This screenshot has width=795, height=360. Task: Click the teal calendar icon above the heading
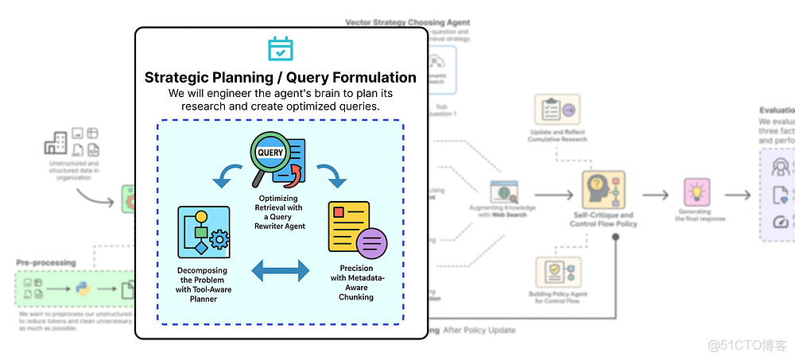point(281,49)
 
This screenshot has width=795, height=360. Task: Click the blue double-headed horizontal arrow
point(281,271)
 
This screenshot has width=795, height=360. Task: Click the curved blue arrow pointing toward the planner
point(227,176)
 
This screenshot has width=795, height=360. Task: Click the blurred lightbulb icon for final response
point(696,193)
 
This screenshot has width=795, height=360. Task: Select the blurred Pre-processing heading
point(46,262)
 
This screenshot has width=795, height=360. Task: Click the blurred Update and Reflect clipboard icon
point(556,111)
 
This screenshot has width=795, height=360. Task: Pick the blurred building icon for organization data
point(56,143)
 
